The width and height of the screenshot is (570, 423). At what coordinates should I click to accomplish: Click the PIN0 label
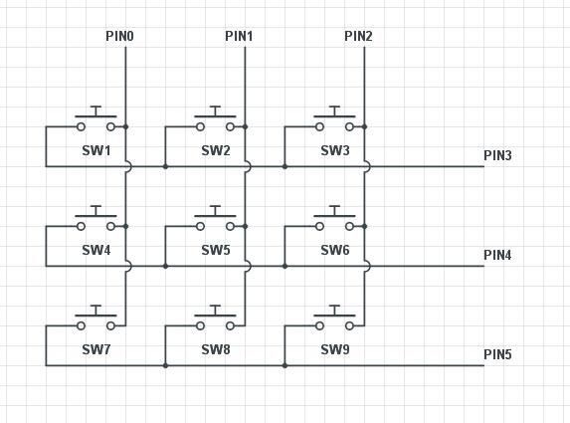pos(119,37)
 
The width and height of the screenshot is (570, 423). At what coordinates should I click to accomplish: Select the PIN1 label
pos(239,37)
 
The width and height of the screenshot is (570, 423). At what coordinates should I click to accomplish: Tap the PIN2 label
pos(358,37)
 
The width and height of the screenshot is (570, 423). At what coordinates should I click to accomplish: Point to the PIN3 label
pos(497,155)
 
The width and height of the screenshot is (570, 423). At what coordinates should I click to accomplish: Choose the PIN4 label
pos(497,255)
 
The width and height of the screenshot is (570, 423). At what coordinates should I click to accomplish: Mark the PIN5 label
pos(497,354)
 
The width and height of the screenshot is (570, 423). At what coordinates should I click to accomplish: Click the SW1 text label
pos(96,151)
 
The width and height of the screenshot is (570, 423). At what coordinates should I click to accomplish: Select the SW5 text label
pos(216,251)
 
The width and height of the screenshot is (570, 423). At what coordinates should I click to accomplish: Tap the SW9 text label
pos(335,350)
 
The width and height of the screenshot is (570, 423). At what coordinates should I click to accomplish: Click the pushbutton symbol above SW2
pos(216,120)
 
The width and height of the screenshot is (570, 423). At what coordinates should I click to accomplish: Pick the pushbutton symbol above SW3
pos(335,120)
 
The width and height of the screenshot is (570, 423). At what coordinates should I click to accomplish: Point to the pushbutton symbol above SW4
pos(96,220)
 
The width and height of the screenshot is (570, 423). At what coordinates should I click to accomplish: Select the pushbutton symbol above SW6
pos(335,220)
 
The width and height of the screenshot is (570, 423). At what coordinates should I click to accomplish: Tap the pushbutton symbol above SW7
pos(96,319)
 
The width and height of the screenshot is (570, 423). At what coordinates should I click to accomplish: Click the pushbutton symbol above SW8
pos(216,319)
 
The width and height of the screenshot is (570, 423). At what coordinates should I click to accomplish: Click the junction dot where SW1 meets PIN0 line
pos(126,126)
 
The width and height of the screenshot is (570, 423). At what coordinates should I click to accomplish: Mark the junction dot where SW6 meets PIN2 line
pos(365,226)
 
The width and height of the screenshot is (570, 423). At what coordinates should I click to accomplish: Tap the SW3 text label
pos(335,151)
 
